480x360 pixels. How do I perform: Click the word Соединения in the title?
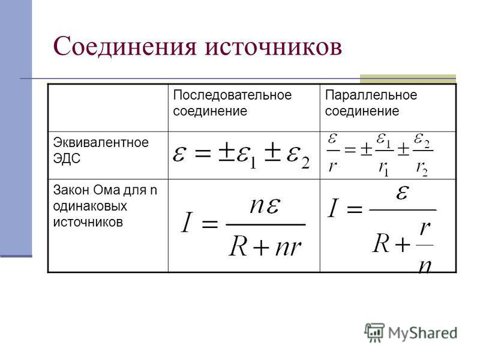[125, 47]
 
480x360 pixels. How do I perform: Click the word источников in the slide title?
[274, 47]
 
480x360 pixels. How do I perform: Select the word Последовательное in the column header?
[232, 95]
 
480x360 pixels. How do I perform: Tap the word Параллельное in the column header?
[371, 95]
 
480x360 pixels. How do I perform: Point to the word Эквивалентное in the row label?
[101, 142]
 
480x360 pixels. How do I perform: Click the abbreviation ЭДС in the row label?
[67, 158]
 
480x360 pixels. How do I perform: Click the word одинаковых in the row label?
[90, 206]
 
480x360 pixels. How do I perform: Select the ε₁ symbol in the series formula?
[247, 157]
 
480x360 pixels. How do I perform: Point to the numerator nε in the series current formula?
[265, 206]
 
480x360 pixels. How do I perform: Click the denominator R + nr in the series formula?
[265, 247]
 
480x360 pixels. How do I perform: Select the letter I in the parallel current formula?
[333, 208]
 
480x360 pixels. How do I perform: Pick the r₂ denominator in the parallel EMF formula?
[422, 169]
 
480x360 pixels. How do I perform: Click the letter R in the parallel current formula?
[381, 244]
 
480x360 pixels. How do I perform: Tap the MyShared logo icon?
[374, 332]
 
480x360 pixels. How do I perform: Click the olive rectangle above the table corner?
[408, 79]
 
